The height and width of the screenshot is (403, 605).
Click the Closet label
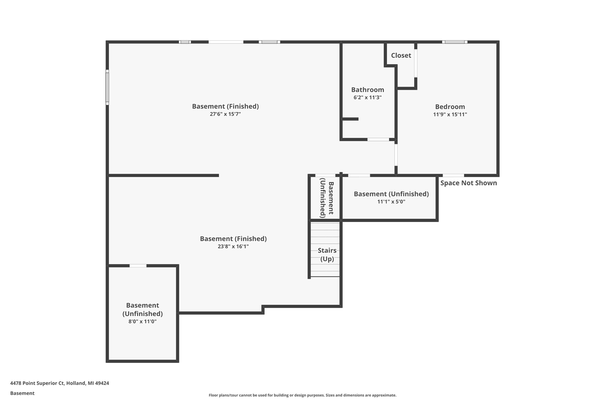[x=401, y=55]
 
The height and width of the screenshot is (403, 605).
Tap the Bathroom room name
[x=367, y=90]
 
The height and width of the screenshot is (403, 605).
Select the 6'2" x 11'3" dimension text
[x=367, y=97]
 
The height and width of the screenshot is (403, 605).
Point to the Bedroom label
[x=449, y=107]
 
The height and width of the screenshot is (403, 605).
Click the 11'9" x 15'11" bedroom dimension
[x=449, y=114]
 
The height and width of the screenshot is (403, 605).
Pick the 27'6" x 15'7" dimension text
[x=225, y=114]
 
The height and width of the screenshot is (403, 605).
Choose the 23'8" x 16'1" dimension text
[x=233, y=246]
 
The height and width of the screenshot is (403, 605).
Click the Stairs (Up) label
[x=327, y=255]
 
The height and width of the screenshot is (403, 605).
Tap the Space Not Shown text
[x=468, y=183]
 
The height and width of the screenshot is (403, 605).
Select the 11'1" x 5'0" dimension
[x=391, y=202]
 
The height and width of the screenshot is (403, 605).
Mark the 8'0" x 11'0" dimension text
[x=142, y=321]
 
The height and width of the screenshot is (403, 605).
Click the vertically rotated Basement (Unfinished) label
[x=327, y=198]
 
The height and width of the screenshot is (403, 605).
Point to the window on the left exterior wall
[x=107, y=87]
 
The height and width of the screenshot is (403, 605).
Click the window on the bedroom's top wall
[x=455, y=42]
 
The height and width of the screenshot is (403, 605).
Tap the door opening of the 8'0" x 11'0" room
[x=138, y=266]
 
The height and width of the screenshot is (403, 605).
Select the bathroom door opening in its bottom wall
[x=378, y=139]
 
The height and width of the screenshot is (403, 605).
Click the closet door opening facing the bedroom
[x=415, y=63]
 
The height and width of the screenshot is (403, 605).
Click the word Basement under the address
[x=22, y=393]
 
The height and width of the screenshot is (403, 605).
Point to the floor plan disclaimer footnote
[x=302, y=395]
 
